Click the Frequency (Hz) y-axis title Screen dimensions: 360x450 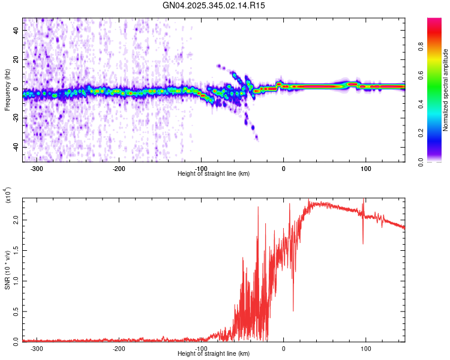(7, 90)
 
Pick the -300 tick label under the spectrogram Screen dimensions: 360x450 (37, 168)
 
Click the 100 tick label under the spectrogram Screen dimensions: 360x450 (365, 168)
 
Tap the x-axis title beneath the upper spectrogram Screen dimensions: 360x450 (214, 173)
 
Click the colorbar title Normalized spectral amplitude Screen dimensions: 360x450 (445, 90)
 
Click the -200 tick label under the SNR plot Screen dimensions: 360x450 (119, 348)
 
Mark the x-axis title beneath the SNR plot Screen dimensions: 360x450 (214, 353)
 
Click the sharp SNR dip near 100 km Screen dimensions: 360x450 (362, 243)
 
